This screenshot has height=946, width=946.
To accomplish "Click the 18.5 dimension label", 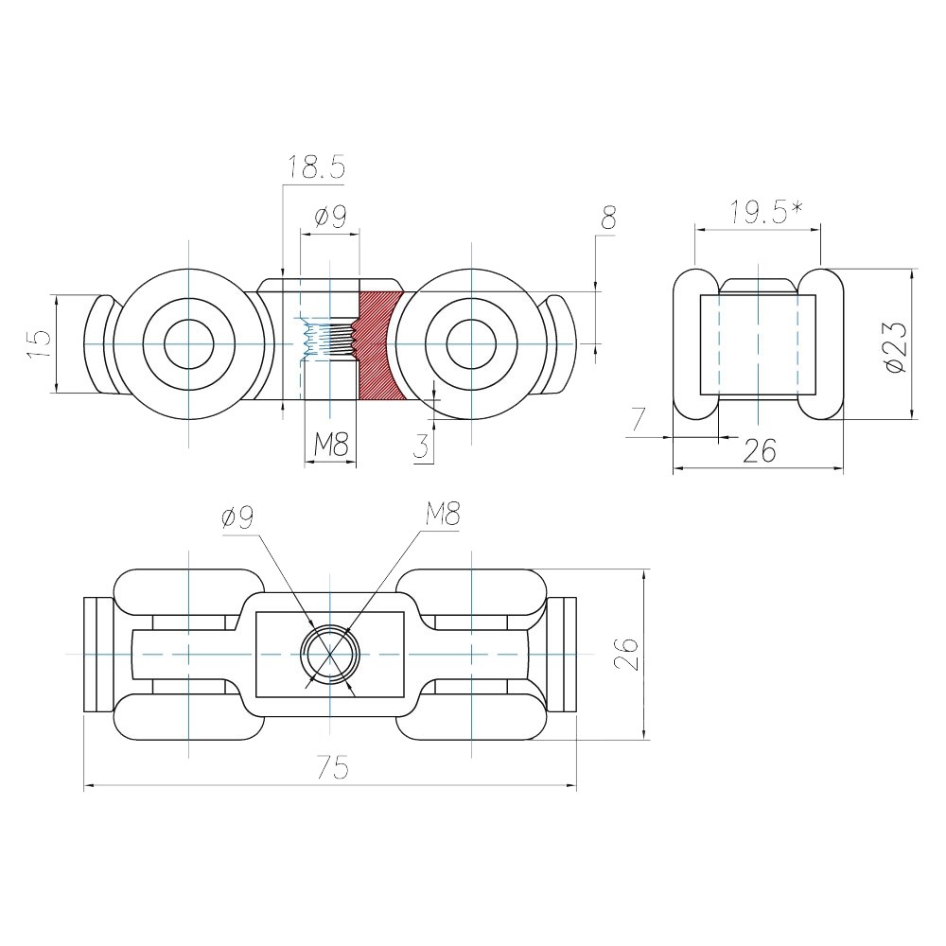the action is point(316,167).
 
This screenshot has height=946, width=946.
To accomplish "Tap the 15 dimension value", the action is point(39,345).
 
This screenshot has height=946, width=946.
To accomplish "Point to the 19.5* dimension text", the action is point(766,213).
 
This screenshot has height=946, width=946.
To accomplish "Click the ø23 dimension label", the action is point(895,347).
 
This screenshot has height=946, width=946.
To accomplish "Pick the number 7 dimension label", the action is point(639,419).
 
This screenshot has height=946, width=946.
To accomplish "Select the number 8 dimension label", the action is point(608,218).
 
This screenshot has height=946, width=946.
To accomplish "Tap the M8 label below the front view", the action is point(330,446).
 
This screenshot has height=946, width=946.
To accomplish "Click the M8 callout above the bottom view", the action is point(442,516).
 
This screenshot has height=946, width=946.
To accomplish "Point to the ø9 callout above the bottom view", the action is point(237,517).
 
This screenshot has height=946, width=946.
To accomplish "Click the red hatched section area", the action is point(379,345).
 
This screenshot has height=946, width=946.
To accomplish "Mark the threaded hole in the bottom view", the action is point(330,654).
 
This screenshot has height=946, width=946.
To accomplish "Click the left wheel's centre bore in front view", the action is point(189,344).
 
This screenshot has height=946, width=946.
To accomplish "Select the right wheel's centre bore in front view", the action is point(471,344).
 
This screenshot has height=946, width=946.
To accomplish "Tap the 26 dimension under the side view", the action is point(759,450).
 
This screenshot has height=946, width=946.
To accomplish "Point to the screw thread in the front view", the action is point(329,340).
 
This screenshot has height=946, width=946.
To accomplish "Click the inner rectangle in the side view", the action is point(758,344).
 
